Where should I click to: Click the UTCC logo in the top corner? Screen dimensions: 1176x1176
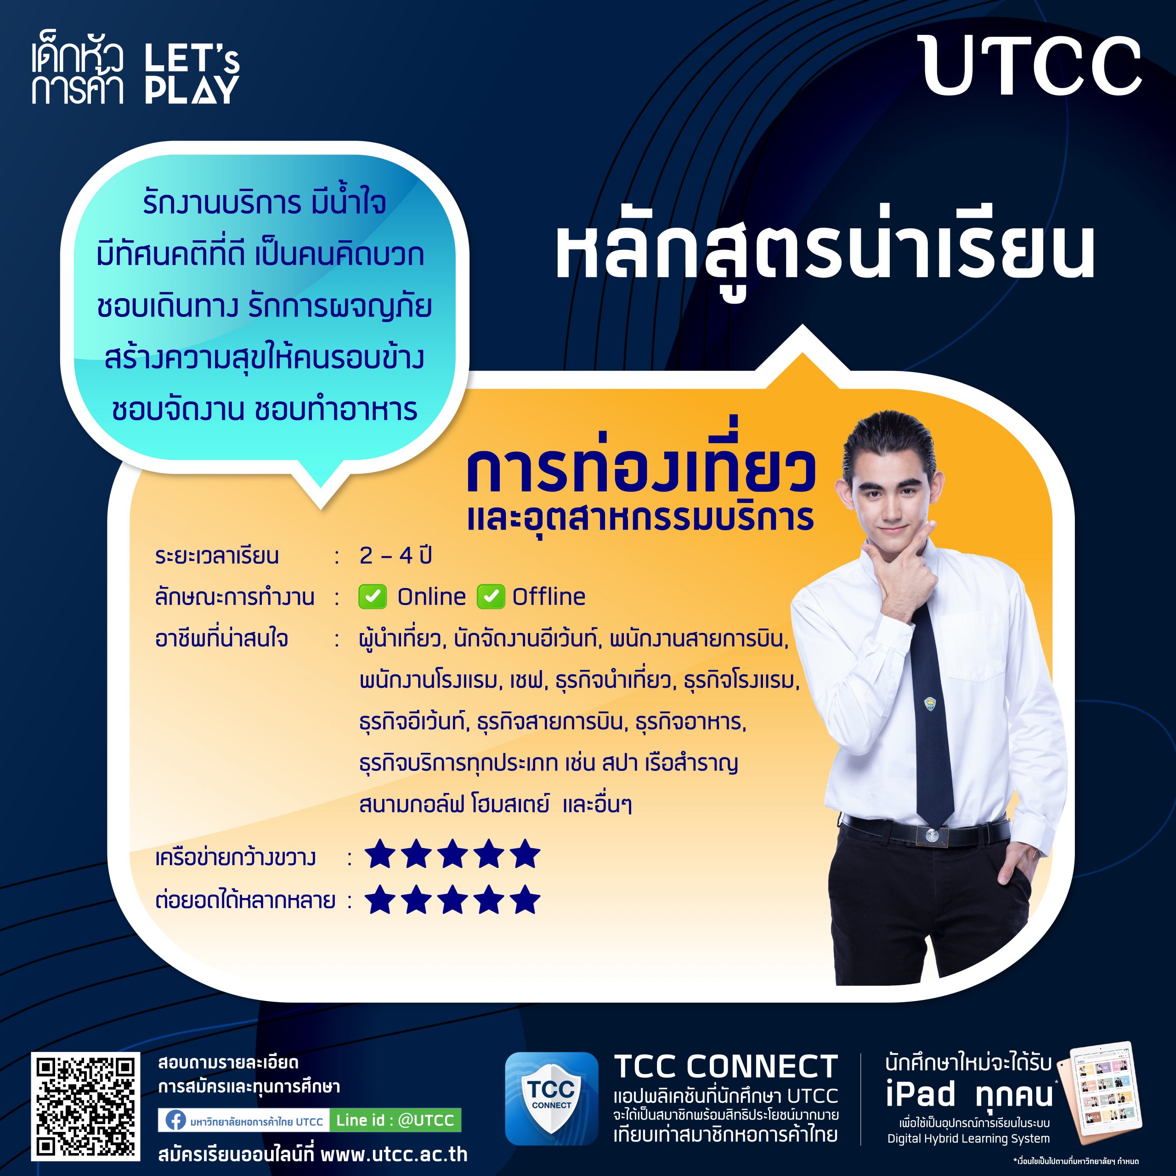1032,66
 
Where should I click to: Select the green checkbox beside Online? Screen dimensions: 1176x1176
373,597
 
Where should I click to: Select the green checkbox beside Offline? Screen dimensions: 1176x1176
491,597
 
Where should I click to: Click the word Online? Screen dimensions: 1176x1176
431,597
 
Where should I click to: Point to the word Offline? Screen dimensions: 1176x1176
548,597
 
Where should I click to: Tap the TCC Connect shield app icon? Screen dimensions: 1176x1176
551,1099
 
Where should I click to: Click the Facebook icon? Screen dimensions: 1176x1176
175,1120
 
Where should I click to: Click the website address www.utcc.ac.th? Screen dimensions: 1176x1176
394,1154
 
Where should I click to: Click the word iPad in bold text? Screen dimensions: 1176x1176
921,1094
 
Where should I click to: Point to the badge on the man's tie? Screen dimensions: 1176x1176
929,705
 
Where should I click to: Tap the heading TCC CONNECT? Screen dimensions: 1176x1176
725,1066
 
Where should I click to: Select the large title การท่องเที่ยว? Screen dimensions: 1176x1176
641,471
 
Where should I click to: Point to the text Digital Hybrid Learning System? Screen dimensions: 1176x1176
968,1138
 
